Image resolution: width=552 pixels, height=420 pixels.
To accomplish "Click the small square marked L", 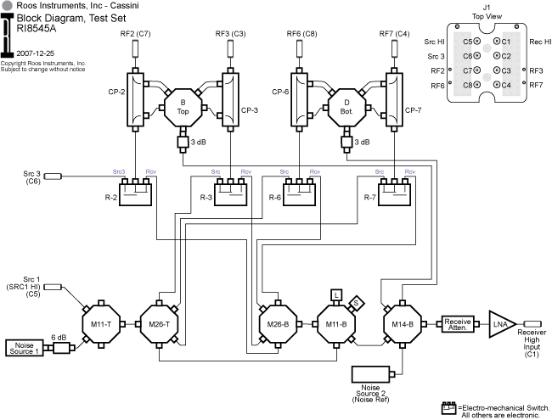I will tap(337, 294).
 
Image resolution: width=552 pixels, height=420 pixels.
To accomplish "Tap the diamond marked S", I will tap(358, 301).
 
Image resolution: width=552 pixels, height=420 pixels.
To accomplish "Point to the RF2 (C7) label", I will tap(135, 34).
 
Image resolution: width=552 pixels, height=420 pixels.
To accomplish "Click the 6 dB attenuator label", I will tap(59, 336).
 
